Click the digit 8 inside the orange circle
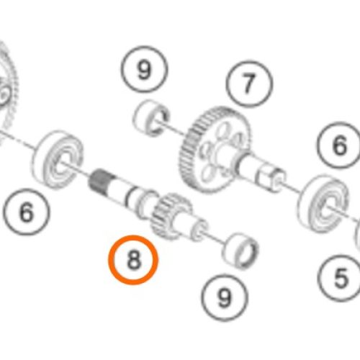tap(133, 260)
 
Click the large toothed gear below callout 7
tap(214, 149)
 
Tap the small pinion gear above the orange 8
tap(171, 216)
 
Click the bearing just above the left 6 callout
tap(58, 159)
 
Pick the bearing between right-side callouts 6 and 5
tap(323, 204)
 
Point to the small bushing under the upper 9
tap(151, 118)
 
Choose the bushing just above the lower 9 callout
tap(240, 251)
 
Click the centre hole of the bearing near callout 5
tap(328, 208)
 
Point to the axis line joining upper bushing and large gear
tap(171, 127)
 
